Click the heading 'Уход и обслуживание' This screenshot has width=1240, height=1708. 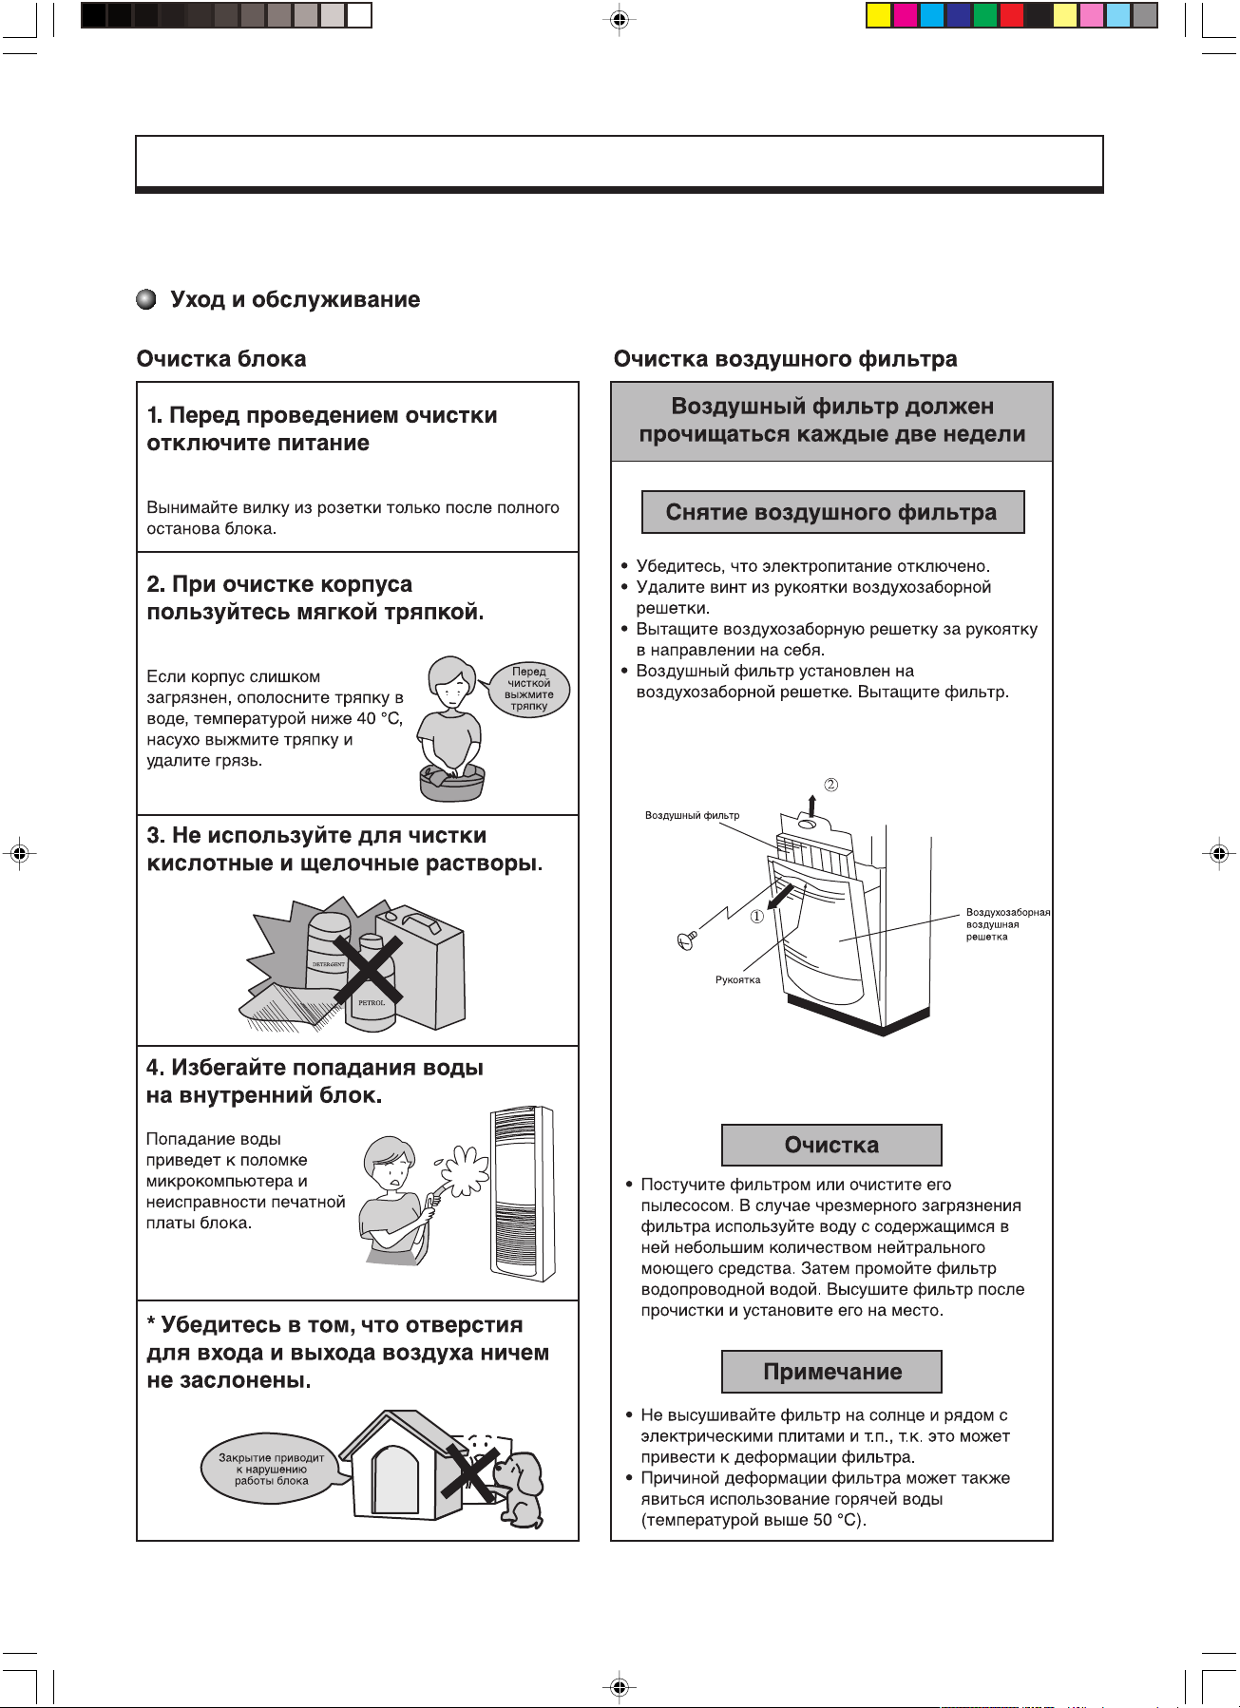[x=295, y=300]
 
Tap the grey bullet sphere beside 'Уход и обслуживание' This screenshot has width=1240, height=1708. [x=146, y=300]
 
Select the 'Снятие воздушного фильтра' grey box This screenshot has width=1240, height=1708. [x=832, y=513]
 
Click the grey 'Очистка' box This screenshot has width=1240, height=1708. [x=831, y=1146]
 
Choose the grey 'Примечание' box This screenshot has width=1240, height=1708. [x=831, y=1372]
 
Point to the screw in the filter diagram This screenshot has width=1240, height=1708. [x=687, y=939]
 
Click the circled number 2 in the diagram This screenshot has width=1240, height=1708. [x=831, y=785]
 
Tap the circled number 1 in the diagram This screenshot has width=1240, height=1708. [x=757, y=917]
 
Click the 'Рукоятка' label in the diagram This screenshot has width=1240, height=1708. [x=737, y=980]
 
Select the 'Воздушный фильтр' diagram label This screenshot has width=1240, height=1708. [x=692, y=815]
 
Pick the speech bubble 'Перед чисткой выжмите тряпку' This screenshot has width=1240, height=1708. [x=528, y=690]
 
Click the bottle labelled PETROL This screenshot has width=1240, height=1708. [x=372, y=988]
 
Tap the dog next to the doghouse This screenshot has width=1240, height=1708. [x=521, y=1487]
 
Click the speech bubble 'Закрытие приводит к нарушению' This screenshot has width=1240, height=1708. [x=272, y=1469]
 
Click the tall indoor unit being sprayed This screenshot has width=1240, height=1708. [x=522, y=1193]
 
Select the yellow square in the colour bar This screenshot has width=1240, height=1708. [x=879, y=15]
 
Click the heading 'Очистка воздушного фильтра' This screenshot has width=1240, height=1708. [x=785, y=359]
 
